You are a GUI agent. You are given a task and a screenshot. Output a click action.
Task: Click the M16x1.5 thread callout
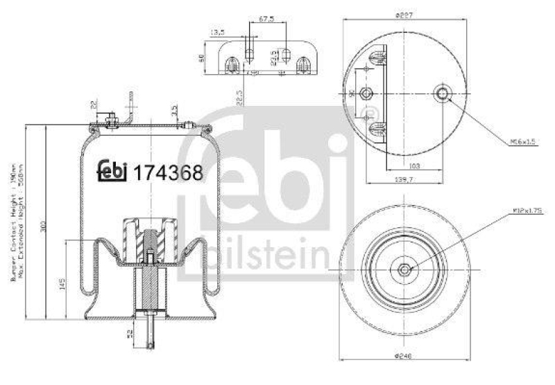coord(523,142)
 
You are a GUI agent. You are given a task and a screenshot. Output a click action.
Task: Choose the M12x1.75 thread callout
coord(523,209)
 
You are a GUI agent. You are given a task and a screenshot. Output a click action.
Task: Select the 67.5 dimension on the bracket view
coord(266,19)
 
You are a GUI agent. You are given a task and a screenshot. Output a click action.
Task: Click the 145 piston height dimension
coord(63,283)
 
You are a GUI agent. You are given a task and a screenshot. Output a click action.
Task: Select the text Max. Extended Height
coord(23,229)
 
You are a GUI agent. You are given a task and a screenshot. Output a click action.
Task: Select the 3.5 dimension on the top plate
coord(176,109)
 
